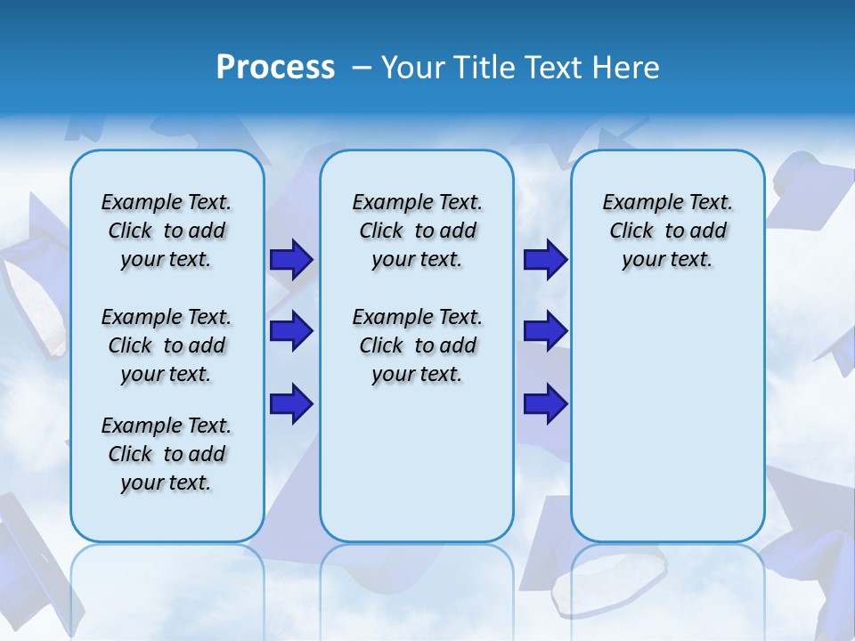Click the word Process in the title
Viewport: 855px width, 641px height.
tap(275, 68)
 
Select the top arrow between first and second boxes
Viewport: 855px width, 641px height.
tap(291, 260)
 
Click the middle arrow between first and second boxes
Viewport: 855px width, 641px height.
tap(291, 331)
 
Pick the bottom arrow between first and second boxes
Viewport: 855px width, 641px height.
tap(291, 403)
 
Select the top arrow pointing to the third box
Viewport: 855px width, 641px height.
tap(545, 260)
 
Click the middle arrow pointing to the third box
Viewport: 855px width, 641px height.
tap(545, 331)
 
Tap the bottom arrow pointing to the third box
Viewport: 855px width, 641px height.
tap(545, 403)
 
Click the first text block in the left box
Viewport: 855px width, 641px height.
tap(167, 231)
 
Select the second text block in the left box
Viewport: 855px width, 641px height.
tap(167, 345)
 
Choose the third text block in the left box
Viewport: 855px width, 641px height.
tap(167, 454)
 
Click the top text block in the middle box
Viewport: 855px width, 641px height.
tap(417, 231)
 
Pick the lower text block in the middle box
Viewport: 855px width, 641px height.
tap(417, 345)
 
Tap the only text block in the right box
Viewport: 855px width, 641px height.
tap(667, 231)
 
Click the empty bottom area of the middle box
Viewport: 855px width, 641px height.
tap(417, 472)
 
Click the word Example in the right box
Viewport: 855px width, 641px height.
tap(638, 203)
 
